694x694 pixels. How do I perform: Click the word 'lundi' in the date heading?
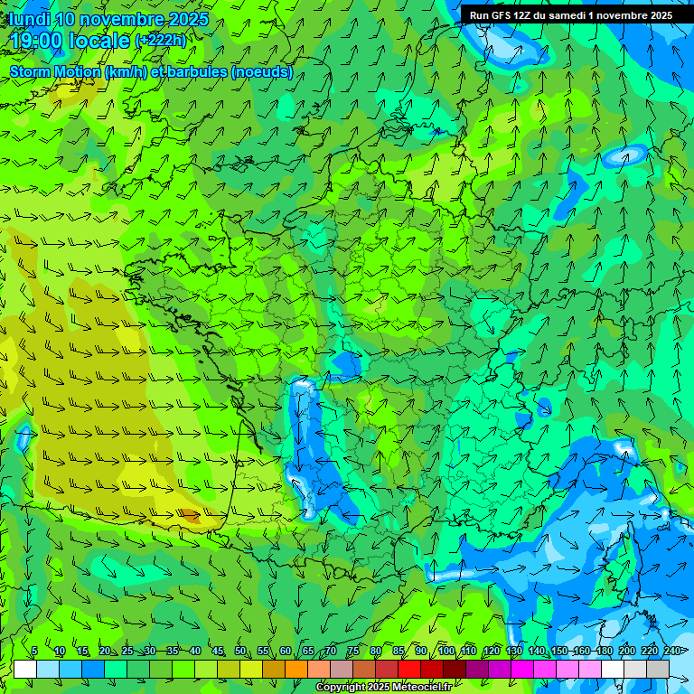tap(29, 19)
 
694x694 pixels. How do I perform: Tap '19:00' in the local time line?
tap(37, 41)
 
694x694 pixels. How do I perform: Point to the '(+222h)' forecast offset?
tap(161, 41)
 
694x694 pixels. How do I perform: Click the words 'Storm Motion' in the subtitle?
tap(53, 71)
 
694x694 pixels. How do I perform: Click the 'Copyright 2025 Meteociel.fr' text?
tap(384, 688)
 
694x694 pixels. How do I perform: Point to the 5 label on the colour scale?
tap(34, 651)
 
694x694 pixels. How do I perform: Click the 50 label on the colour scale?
tap(240, 651)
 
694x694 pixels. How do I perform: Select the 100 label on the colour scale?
tap(445, 651)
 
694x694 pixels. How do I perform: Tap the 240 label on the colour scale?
tap(671, 651)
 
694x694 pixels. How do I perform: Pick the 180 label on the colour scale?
tap(604, 651)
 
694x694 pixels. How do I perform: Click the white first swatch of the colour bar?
tap(25, 669)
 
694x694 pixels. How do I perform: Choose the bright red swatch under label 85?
tap(409, 669)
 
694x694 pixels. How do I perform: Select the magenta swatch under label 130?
tap(522, 669)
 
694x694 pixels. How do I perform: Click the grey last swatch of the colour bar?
tap(658, 669)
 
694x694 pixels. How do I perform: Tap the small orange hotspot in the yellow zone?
tap(189, 516)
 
